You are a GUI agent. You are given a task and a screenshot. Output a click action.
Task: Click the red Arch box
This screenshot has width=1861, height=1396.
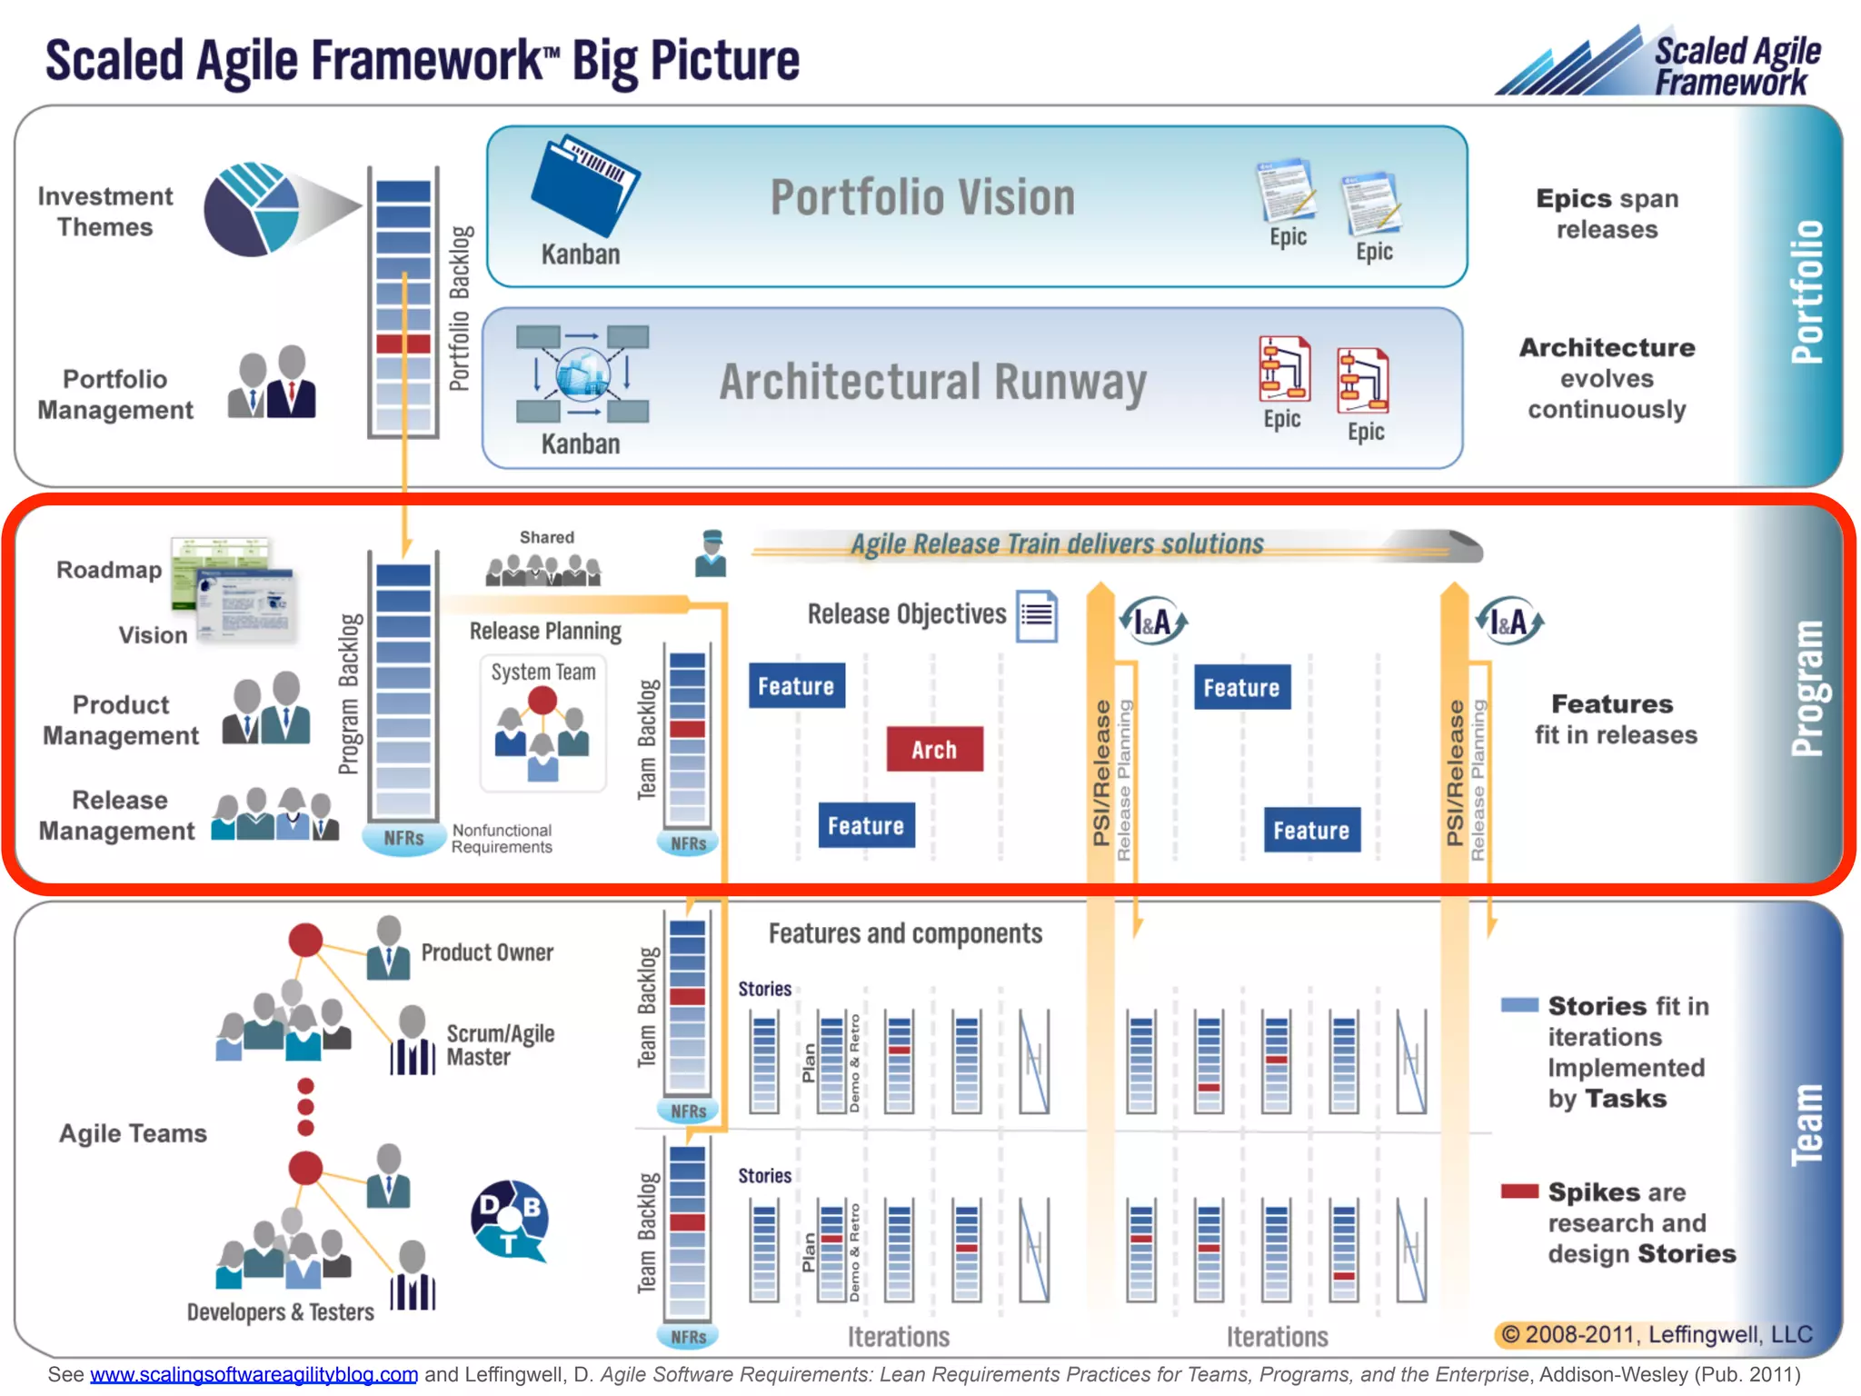tap(934, 749)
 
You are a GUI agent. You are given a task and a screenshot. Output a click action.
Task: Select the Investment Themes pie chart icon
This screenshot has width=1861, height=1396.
tap(252, 208)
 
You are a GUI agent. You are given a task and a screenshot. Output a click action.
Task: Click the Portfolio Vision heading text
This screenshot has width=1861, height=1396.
tap(922, 197)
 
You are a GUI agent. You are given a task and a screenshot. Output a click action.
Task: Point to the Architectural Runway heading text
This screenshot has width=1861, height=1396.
tap(932, 382)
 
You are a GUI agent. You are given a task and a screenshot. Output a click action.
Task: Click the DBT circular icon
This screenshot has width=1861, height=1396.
tap(510, 1219)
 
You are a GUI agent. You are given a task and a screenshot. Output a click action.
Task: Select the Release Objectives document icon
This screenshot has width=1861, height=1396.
tap(1037, 616)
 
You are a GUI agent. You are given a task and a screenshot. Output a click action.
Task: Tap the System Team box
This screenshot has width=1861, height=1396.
tap(542, 723)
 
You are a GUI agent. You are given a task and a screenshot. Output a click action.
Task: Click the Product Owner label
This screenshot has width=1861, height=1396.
tap(487, 952)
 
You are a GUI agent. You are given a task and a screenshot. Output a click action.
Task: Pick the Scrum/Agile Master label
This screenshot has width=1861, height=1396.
tap(500, 1045)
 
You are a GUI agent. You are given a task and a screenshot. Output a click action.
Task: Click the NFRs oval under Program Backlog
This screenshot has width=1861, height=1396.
tap(403, 837)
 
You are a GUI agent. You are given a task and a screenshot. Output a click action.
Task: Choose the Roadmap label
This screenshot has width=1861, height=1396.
tap(109, 570)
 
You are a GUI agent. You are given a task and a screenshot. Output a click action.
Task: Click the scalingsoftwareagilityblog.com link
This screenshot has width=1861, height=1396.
tap(254, 1374)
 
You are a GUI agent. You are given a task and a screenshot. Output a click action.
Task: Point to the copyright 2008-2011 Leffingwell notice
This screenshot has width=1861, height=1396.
tap(1656, 1334)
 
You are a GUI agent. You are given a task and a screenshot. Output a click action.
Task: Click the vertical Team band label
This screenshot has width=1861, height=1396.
tap(1806, 1125)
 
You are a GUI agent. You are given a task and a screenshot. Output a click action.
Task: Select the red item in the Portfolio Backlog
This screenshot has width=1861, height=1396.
tap(403, 344)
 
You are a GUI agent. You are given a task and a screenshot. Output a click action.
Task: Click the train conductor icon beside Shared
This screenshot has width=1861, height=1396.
tap(711, 553)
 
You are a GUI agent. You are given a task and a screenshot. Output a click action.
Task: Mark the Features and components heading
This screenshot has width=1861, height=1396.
tap(905, 933)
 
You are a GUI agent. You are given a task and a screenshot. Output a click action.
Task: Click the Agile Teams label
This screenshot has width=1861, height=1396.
tap(133, 1133)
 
